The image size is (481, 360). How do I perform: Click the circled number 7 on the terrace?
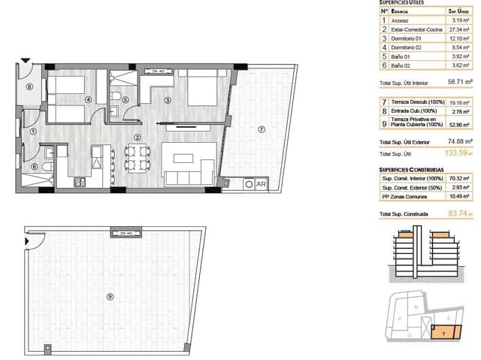click(x=261, y=129)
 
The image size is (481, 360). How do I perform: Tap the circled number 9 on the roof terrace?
click(x=110, y=296)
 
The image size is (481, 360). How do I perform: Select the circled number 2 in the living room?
click(x=138, y=137)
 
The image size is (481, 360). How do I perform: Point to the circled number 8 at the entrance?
click(x=29, y=86)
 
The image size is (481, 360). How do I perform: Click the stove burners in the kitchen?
click(x=78, y=182)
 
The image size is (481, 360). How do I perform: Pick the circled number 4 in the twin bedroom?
click(x=88, y=99)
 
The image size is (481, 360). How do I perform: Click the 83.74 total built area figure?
click(x=458, y=214)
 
